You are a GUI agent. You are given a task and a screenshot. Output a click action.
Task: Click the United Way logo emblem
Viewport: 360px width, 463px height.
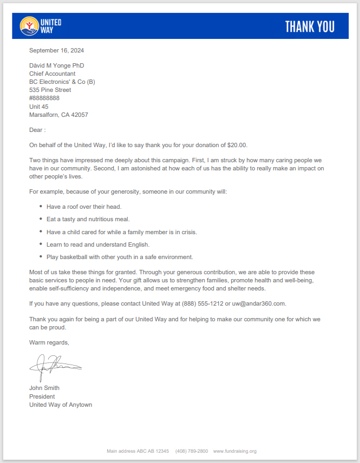pyautogui.click(x=28, y=26)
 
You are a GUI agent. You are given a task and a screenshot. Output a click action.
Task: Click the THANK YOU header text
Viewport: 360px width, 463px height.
pyautogui.click(x=309, y=27)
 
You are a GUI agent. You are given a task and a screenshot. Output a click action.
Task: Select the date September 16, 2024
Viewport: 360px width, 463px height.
pyautogui.click(x=56, y=50)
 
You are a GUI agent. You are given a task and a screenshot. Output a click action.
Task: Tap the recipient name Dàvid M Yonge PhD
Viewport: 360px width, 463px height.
pyautogui.click(x=56, y=65)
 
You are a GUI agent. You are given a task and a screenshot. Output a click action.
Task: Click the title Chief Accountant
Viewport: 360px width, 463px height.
pyautogui.click(x=52, y=74)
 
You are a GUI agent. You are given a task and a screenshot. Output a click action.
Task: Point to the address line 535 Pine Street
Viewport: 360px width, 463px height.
pyautogui.click(x=50, y=90)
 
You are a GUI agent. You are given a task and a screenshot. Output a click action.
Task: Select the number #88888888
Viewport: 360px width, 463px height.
pyautogui.click(x=44, y=98)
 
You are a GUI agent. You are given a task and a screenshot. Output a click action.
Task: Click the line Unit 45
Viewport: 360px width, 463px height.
pyautogui.click(x=38, y=107)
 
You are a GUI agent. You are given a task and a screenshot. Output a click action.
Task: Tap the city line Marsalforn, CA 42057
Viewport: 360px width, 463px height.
pyautogui.click(x=58, y=115)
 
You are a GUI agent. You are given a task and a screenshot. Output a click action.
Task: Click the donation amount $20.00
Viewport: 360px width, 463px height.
pyautogui.click(x=237, y=145)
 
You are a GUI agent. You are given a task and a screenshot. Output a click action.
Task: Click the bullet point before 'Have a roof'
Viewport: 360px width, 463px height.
pyautogui.click(x=41, y=207)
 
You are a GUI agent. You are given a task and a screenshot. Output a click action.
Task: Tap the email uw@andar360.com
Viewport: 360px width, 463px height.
pyautogui.click(x=259, y=303)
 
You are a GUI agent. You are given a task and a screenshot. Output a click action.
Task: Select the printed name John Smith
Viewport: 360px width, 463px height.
pyautogui.click(x=44, y=388)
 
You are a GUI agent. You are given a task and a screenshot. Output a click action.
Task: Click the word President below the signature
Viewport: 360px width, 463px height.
pyautogui.click(x=42, y=396)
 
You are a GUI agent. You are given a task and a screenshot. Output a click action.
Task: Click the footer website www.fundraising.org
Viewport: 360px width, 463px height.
pyautogui.click(x=234, y=451)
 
